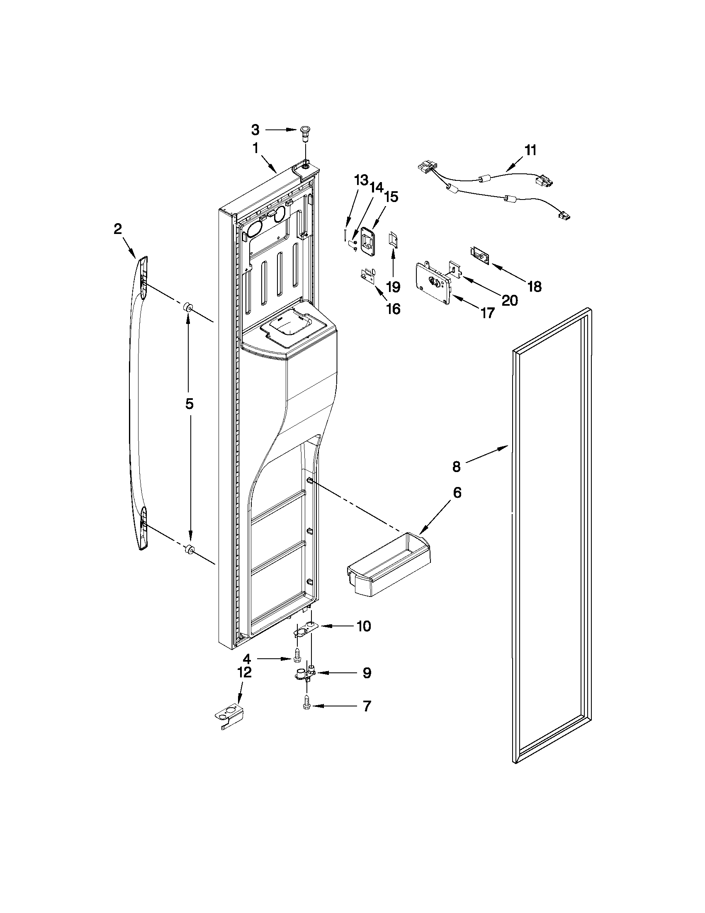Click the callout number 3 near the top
point(255,130)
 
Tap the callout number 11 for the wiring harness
point(530,151)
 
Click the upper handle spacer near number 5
point(187,309)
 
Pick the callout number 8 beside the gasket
point(456,467)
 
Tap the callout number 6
point(457,493)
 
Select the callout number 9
point(367,673)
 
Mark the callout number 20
point(510,300)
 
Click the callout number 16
point(393,309)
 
